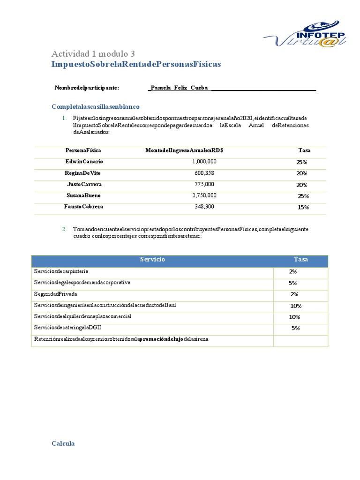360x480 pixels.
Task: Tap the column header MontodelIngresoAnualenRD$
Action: (184, 150)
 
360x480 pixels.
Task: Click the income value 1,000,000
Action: (204, 161)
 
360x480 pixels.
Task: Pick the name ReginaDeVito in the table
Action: (82, 173)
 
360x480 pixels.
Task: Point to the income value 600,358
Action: (204, 173)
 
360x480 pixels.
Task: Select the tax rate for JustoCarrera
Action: (301, 185)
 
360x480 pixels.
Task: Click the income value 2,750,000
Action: (204, 195)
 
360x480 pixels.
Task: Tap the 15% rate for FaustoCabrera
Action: (303, 207)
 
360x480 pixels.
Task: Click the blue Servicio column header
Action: (152, 260)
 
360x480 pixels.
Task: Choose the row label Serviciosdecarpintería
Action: (61, 271)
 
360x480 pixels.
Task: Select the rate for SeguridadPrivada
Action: (294, 294)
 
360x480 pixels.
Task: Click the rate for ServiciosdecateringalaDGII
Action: (295, 328)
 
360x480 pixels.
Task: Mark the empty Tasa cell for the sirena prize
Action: (300, 339)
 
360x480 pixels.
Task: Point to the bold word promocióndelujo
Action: (162, 339)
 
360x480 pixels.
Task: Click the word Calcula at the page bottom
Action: (63, 443)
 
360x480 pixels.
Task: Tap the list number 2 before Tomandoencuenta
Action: (64, 229)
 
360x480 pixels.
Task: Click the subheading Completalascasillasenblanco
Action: (95, 107)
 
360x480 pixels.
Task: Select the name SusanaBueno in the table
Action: (83, 195)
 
